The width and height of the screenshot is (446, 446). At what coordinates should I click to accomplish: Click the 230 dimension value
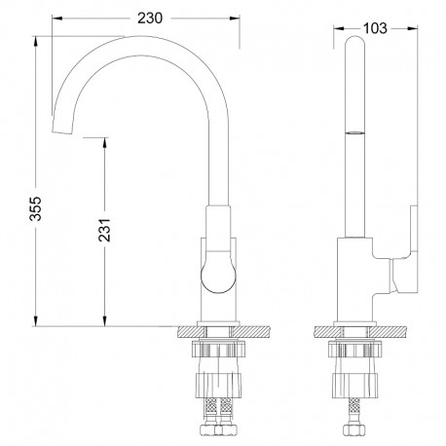pos(150,19)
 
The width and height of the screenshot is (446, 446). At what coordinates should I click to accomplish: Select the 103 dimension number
pos(375,28)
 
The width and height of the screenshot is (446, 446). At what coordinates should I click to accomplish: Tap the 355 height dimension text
pos(35,208)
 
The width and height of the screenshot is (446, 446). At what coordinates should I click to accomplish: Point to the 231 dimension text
pos(104,230)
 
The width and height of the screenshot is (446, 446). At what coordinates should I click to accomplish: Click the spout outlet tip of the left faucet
pos(61,131)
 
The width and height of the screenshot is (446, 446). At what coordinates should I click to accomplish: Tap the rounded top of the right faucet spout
pos(354,41)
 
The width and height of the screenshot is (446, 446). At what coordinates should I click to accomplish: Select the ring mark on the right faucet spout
pos(354,132)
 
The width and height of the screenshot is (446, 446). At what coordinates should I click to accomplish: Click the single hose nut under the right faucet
pos(354,429)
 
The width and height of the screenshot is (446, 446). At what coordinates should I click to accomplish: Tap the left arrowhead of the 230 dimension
pos(57,19)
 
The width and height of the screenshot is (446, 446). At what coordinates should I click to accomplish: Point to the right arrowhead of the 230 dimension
pos(235,19)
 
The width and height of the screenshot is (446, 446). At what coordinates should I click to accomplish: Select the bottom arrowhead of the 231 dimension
pos(104,321)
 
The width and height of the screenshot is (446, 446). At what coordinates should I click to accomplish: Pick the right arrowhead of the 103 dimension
pos(413,28)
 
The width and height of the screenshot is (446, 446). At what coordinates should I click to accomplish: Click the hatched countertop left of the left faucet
pos(192,332)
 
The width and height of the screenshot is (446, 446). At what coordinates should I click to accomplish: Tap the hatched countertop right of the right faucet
pos(388,332)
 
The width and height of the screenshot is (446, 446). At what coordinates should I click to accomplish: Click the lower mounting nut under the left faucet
pos(218,386)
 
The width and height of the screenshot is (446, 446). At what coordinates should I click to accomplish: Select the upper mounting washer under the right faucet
pos(354,350)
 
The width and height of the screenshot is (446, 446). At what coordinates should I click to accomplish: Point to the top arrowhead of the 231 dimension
pos(104,143)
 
